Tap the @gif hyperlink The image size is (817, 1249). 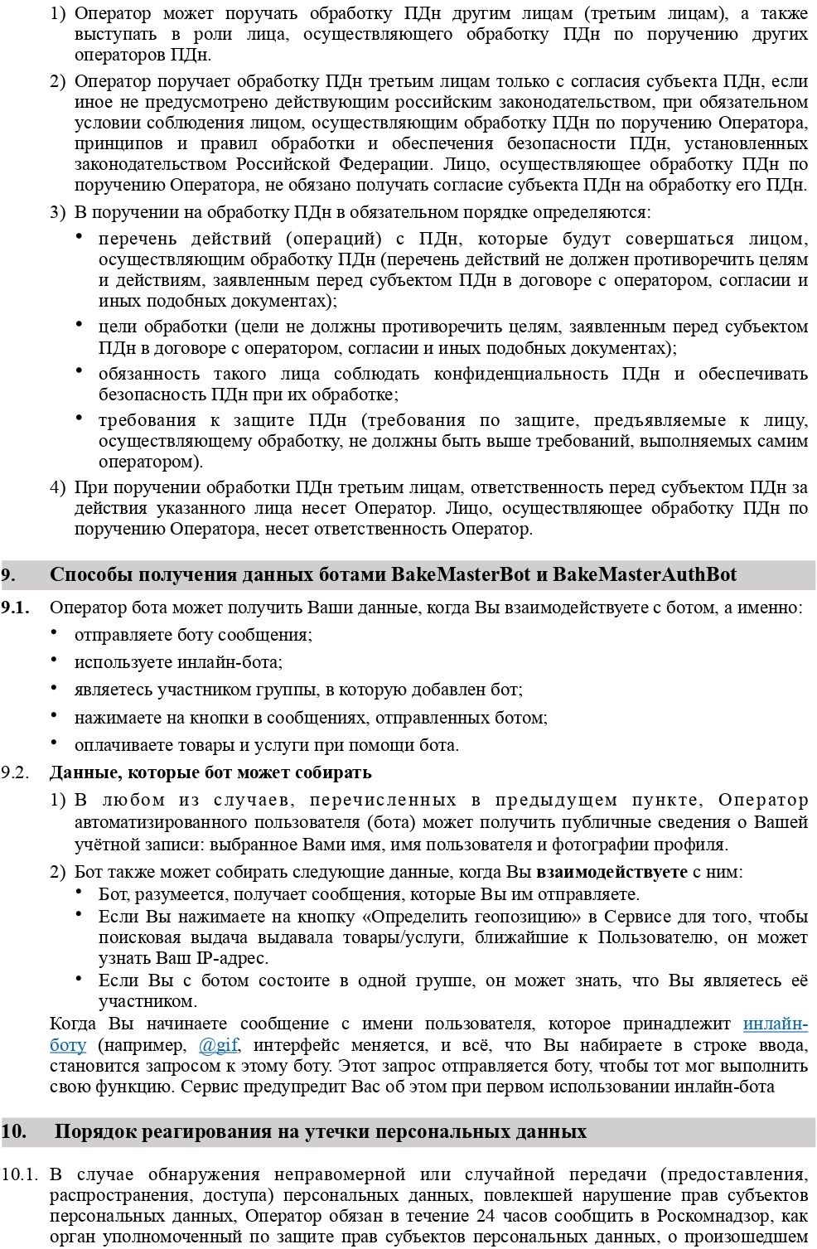(219, 1045)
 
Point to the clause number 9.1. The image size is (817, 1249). (15, 608)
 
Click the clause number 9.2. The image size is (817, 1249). (15, 772)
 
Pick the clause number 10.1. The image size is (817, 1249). (20, 1174)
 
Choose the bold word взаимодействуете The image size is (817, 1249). (612, 872)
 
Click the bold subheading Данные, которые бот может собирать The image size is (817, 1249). (210, 772)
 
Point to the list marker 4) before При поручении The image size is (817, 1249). (57, 487)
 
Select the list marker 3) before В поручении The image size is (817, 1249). (57, 212)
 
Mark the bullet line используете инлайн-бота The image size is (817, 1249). (178, 662)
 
